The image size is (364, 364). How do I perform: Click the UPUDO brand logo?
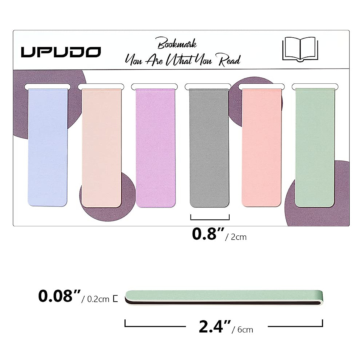[x=61, y=52]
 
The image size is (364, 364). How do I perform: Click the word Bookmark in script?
[x=177, y=44]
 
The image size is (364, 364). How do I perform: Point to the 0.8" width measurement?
[x=208, y=234]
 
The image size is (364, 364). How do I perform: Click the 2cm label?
[x=238, y=237]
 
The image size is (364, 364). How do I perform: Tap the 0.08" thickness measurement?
[x=59, y=296]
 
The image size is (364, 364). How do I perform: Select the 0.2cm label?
[x=98, y=299]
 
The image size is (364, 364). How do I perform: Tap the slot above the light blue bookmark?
[x=47, y=86]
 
